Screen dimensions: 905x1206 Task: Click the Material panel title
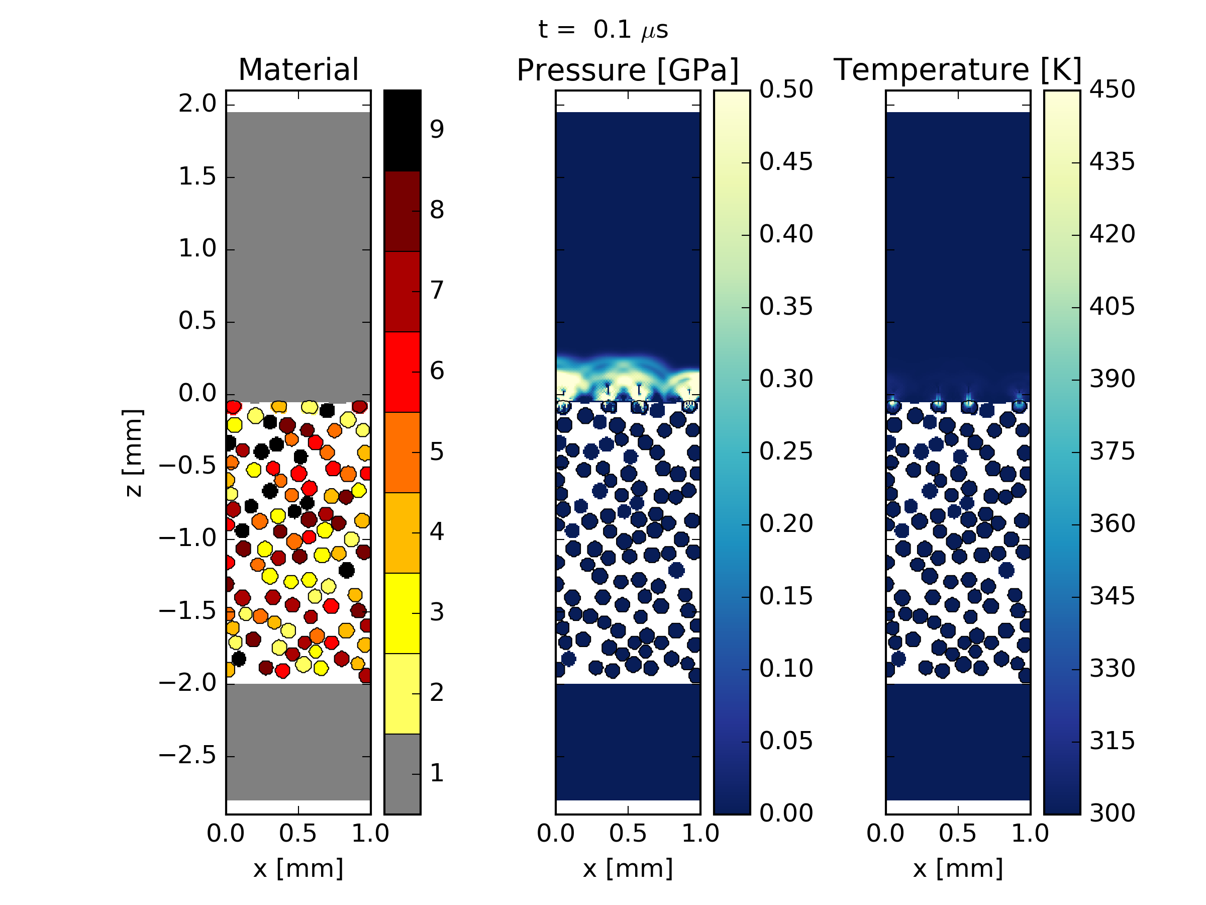(298, 70)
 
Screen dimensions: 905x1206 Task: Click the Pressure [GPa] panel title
(628, 70)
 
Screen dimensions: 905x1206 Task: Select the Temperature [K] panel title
(957, 70)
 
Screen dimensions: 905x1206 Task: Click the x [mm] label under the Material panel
(298, 868)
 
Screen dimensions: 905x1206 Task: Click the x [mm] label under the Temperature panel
(958, 868)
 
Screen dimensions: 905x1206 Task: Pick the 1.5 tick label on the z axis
(197, 177)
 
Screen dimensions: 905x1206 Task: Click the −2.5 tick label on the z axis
(187, 756)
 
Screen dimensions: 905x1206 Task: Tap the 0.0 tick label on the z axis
(197, 393)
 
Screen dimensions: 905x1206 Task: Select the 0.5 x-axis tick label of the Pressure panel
(628, 834)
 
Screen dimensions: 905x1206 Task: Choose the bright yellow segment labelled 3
(403, 612)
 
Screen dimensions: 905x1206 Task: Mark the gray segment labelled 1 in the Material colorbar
(403, 774)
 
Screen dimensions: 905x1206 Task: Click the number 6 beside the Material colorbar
(437, 372)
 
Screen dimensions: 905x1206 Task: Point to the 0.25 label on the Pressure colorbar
(785, 451)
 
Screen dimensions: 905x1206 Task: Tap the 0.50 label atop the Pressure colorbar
(785, 89)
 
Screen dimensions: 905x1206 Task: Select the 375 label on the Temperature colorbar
(1112, 451)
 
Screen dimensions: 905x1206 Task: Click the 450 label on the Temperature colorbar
(1112, 89)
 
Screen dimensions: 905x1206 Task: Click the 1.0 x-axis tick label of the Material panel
(370, 834)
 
